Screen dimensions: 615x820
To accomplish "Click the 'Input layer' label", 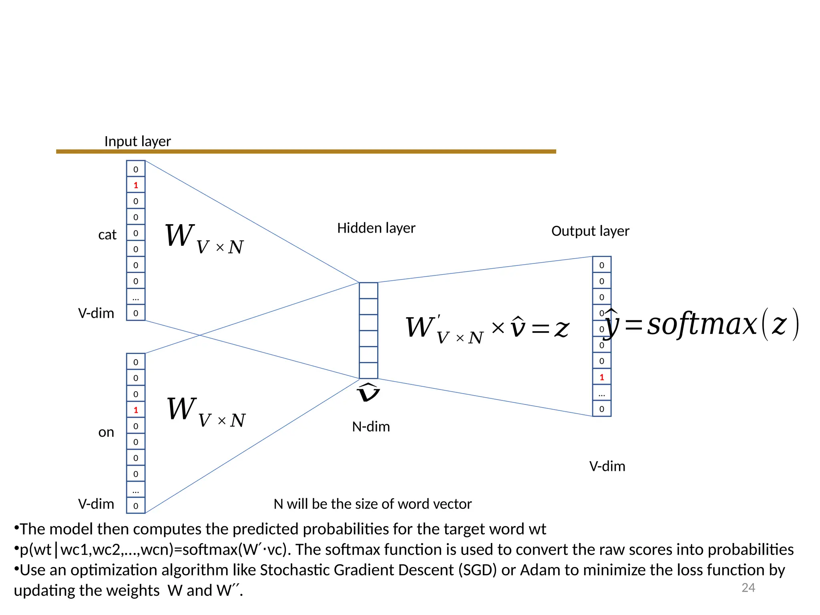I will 137,141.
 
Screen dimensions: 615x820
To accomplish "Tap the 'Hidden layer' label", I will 376,228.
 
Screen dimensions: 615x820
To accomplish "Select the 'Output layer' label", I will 590,231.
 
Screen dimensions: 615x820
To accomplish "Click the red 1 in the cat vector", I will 136,185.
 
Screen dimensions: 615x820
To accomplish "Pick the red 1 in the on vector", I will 136,410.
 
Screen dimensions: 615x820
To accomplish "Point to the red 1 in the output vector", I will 601,377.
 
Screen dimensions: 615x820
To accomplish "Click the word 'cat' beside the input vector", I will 107,235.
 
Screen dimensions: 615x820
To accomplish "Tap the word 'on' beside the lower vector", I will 106,432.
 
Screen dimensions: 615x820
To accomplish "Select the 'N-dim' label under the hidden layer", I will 371,427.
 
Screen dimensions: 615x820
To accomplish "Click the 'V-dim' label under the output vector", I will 607,466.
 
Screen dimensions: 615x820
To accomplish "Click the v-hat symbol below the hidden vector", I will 368,392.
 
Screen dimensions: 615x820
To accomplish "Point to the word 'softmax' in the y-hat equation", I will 701,324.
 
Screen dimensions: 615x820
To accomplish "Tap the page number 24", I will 748,588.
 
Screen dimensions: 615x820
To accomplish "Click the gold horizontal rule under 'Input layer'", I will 306,152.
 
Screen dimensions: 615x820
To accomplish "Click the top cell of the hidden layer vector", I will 368,291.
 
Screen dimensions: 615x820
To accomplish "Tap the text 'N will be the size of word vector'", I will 372,504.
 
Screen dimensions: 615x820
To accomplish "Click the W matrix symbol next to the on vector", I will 181,409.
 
